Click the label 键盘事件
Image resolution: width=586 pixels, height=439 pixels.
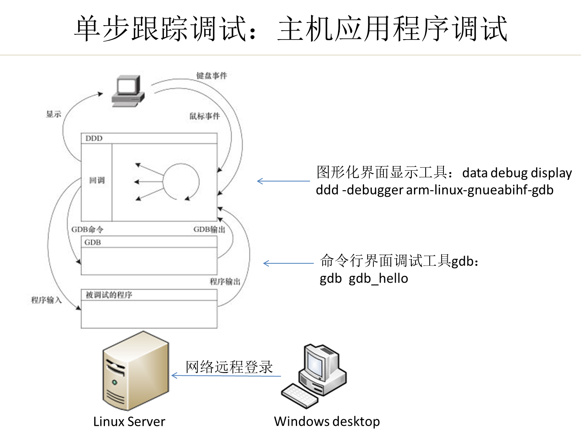point(211,76)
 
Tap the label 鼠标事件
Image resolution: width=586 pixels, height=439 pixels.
point(204,116)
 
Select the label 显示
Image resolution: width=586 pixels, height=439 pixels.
point(54,114)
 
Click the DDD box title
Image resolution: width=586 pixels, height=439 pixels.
point(94,138)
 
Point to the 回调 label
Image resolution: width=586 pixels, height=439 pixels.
point(97,180)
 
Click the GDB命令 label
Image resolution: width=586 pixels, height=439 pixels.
point(87,230)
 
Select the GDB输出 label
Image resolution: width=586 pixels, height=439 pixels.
point(209,230)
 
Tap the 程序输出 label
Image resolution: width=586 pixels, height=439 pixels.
point(225,282)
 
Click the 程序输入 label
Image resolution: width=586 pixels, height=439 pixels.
point(46,300)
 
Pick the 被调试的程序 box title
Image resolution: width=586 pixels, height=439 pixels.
point(109,295)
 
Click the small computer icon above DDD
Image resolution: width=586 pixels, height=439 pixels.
point(128,91)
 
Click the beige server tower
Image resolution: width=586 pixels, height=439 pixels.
point(136,370)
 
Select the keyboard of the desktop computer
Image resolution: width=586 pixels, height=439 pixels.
point(299,396)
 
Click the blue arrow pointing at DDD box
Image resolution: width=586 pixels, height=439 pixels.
point(284,181)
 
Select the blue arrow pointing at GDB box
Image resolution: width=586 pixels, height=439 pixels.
point(289,263)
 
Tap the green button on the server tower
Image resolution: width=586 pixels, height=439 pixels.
point(114,382)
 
